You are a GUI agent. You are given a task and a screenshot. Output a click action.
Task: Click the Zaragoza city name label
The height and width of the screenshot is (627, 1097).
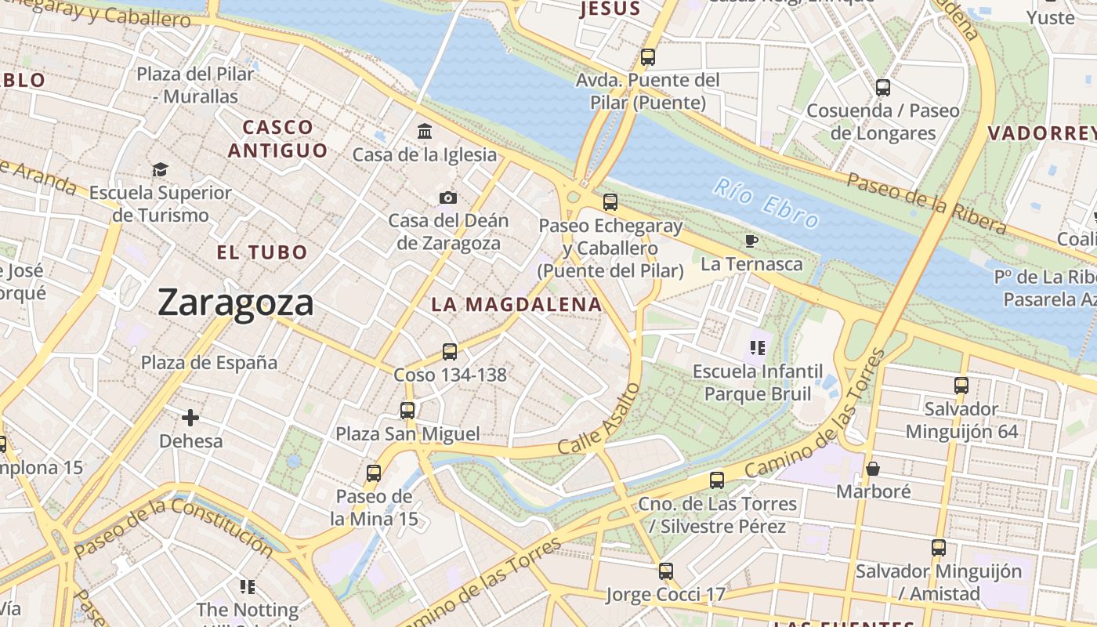pos(236,303)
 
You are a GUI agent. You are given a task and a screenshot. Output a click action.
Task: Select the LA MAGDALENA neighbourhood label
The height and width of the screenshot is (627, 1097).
pos(517,305)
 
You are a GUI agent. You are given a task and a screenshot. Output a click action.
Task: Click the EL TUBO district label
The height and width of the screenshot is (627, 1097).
pos(262,252)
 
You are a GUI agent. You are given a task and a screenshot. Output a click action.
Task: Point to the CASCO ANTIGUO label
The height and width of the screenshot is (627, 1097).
pos(278,139)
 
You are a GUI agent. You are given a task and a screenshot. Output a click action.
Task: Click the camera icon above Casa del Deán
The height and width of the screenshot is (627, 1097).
pos(448,198)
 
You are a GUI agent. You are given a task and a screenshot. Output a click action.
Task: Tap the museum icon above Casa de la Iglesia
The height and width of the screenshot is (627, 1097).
pos(425,131)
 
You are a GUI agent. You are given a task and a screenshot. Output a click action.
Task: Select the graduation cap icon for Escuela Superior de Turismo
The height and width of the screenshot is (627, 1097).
pos(160,169)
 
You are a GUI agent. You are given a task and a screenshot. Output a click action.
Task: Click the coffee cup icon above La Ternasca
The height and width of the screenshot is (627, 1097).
pos(751,241)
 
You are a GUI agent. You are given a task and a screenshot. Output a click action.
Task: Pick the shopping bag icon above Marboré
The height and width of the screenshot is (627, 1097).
pos(873,469)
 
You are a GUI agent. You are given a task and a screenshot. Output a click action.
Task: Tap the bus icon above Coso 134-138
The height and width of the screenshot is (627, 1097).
pos(449,351)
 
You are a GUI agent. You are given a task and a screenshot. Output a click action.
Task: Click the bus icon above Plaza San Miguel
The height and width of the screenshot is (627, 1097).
pos(407,410)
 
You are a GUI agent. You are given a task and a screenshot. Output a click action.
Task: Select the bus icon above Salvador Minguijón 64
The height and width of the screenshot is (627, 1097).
pos(961,385)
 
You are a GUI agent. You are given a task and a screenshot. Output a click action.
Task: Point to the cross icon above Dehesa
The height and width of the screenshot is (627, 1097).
pos(190,418)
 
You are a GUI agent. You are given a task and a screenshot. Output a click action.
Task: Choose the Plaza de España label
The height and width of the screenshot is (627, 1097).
pos(209,363)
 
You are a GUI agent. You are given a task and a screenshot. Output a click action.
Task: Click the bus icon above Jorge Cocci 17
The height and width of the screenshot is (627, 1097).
pos(666,571)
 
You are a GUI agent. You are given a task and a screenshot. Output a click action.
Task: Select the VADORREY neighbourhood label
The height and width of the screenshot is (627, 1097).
pos(1041,133)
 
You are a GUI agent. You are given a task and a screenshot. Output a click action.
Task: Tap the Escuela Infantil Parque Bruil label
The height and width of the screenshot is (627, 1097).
pos(758,382)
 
